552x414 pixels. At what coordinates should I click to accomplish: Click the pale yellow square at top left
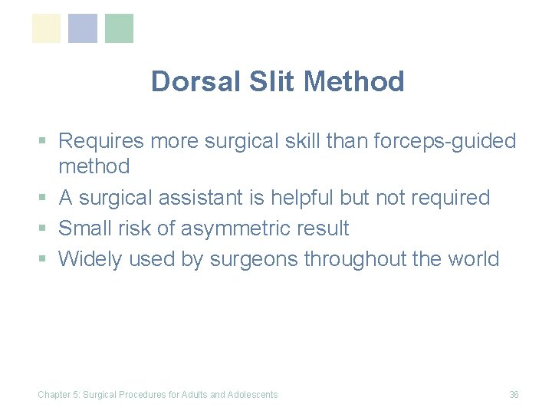pyautogui.click(x=46, y=28)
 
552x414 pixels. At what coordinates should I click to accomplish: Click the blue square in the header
pyautogui.click(x=83, y=28)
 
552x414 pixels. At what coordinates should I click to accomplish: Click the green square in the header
pyautogui.click(x=119, y=28)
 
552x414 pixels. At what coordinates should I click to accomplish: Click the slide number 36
pyautogui.click(x=514, y=395)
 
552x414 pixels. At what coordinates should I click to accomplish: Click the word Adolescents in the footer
pyautogui.click(x=253, y=395)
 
